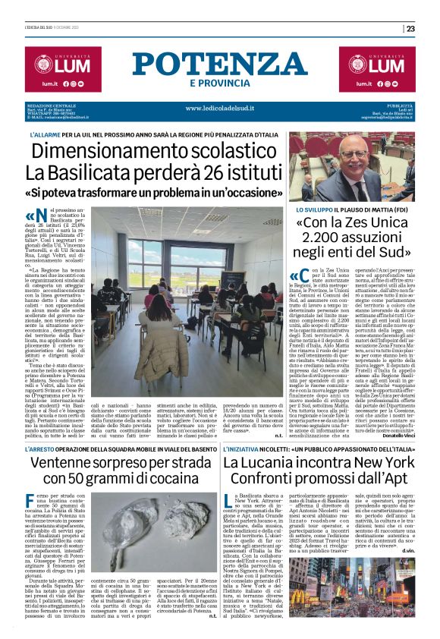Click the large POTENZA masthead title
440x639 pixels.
point(220,65)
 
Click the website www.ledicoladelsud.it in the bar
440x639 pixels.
point(220,109)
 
